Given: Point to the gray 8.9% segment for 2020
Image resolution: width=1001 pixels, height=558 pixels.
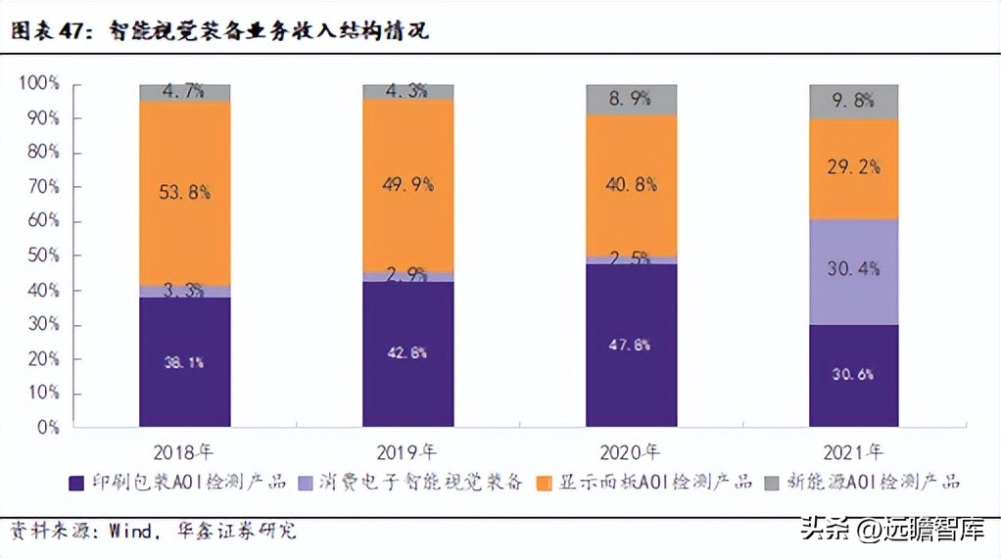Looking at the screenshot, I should pyautogui.click(x=631, y=99).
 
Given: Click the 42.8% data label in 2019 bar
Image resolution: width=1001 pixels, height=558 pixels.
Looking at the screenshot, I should pyautogui.click(x=407, y=353).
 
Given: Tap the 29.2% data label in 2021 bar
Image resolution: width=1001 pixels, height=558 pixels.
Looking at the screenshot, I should pyautogui.click(x=854, y=166).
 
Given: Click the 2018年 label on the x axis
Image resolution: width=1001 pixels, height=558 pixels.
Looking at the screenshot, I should pyautogui.click(x=186, y=452).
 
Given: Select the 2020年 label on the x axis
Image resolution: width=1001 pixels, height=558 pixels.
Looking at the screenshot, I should pyautogui.click(x=632, y=452).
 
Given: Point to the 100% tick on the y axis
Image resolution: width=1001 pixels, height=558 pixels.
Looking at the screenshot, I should pyautogui.click(x=38, y=83).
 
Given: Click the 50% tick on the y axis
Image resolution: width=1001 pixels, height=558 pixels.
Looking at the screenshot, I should pyautogui.click(x=42, y=256).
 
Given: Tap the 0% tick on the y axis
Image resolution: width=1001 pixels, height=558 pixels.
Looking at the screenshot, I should pyautogui.click(x=46, y=428).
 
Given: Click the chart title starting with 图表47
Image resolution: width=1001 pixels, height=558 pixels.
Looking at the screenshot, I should pyautogui.click(x=220, y=30).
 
